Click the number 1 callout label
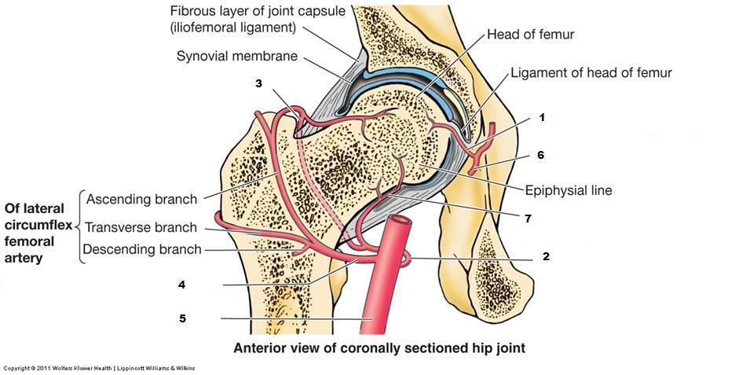coord(541,117)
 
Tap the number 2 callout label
coord(545,256)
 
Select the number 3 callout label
coord(258,83)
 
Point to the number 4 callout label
coord(181,285)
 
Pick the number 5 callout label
coord(181,318)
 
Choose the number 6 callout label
coord(540,155)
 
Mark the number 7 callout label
coord(528,219)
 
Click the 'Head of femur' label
coord(531,35)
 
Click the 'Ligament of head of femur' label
coord(591,73)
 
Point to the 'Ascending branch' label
coord(141,198)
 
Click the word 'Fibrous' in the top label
coord(193,12)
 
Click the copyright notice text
coord(99,368)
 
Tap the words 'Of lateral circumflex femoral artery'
coord(38,233)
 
